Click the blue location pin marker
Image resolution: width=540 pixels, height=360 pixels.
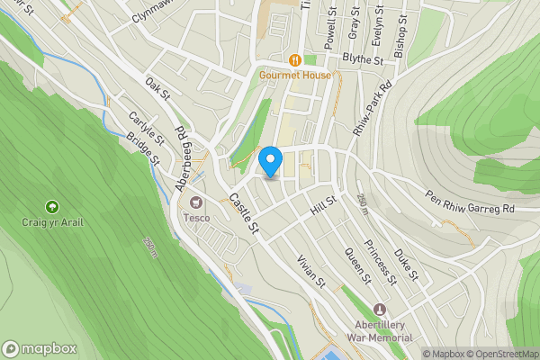click(x=271, y=162)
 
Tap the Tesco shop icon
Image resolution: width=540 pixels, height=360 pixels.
click(x=193, y=203)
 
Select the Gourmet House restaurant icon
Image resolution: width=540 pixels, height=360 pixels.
click(x=295, y=59)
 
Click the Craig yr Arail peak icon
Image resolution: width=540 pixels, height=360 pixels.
click(x=51, y=206)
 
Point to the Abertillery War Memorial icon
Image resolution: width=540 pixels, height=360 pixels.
click(x=378, y=310)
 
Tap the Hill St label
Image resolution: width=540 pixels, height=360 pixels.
click(x=322, y=205)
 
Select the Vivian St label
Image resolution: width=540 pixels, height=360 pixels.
click(x=311, y=270)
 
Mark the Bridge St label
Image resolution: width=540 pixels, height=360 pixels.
click(x=143, y=148)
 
